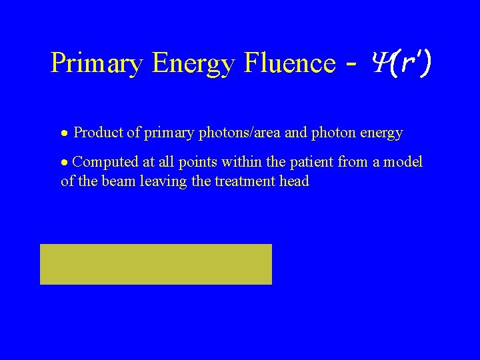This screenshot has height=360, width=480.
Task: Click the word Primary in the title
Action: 97,63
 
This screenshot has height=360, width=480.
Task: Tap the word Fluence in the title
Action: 289,63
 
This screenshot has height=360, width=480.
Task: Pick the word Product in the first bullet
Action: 99,133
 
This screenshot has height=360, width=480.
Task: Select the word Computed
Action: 103,162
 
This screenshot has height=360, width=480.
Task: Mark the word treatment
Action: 246,181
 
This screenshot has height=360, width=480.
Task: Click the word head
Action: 295,181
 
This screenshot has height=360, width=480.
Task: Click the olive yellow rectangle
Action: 156,264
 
